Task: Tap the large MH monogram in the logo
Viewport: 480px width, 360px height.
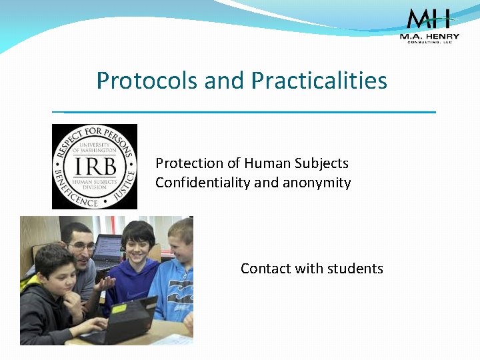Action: click(429, 19)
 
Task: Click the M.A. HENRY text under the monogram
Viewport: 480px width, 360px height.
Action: click(430, 36)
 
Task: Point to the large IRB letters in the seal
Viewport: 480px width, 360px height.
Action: click(94, 166)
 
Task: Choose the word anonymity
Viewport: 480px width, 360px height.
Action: click(319, 183)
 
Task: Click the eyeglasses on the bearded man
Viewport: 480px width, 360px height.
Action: click(81, 246)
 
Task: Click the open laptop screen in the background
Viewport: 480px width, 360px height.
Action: click(107, 249)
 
